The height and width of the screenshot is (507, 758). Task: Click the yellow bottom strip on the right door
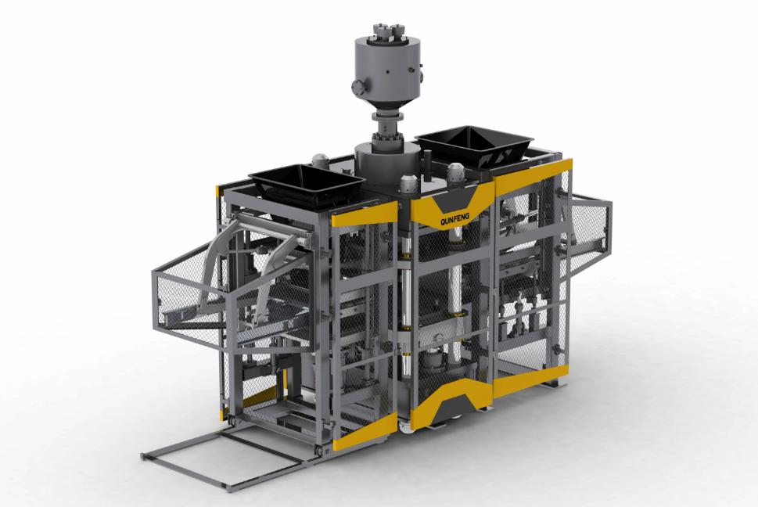[529, 380]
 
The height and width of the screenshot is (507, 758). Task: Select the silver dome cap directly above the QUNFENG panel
[408, 185]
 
